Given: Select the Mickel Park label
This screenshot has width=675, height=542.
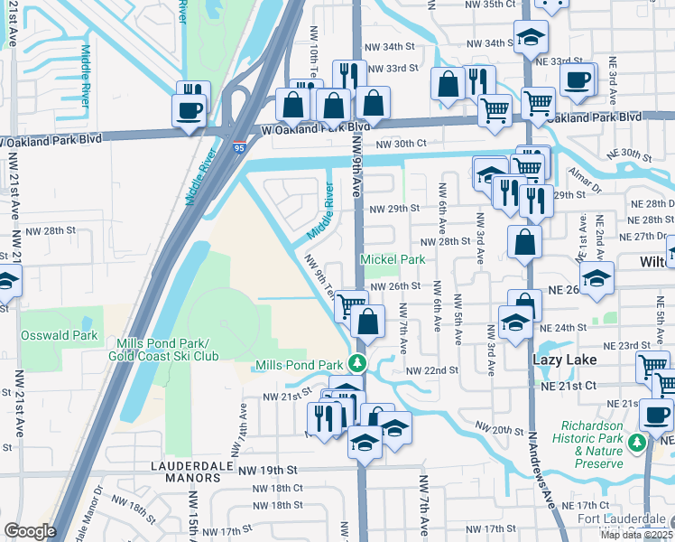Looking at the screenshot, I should click(393, 260).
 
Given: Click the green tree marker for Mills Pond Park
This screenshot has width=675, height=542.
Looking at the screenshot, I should click(358, 363).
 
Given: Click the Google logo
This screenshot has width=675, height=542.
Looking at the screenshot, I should click(30, 530).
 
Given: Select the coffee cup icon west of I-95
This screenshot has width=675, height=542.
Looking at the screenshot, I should click(190, 109).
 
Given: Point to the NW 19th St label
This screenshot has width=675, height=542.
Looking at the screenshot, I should click(267, 471).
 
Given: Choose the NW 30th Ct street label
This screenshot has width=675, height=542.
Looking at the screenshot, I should click(400, 145).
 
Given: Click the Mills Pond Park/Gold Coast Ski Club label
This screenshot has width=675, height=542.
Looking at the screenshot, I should click(167, 350).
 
